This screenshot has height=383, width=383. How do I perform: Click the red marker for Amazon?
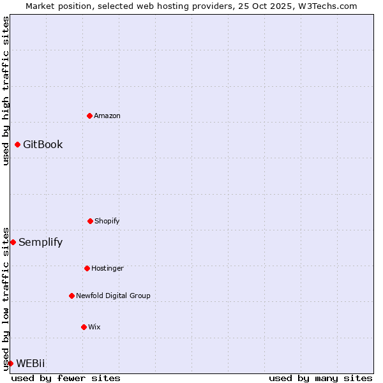pyautogui.click(x=90, y=116)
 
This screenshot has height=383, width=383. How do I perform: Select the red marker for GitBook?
pyautogui.click(x=17, y=144)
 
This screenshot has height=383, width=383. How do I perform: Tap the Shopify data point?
pyautogui.click(x=90, y=221)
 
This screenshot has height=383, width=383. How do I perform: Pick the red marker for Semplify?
pyautogui.click(x=13, y=242)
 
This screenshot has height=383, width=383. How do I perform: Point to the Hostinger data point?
pyautogui.click(x=87, y=268)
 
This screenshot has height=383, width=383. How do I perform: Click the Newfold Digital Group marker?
pyautogui.click(x=71, y=296)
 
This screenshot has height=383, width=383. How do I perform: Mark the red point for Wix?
pyautogui.click(x=84, y=327)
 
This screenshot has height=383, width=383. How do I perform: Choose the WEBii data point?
pyautogui.click(x=10, y=363)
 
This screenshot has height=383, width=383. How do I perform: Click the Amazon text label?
pyautogui.click(x=107, y=116)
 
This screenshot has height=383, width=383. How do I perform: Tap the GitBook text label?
pyautogui.click(x=43, y=144)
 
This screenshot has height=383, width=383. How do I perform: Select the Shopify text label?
pyautogui.click(x=107, y=221)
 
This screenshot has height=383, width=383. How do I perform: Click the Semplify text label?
pyautogui.click(x=40, y=242)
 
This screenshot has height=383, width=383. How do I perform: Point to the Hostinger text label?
pyautogui.click(x=107, y=268)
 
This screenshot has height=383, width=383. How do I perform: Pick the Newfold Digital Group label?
pyautogui.click(x=113, y=296)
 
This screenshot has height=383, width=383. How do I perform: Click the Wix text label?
pyautogui.click(x=94, y=327)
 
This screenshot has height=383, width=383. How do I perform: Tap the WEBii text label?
pyautogui.click(x=31, y=363)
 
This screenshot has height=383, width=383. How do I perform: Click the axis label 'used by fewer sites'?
pyautogui.click(x=66, y=378)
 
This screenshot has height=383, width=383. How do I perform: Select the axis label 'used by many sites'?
pyautogui.click(x=320, y=378)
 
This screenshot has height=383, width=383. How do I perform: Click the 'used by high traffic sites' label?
pyautogui.click(x=6, y=91)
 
